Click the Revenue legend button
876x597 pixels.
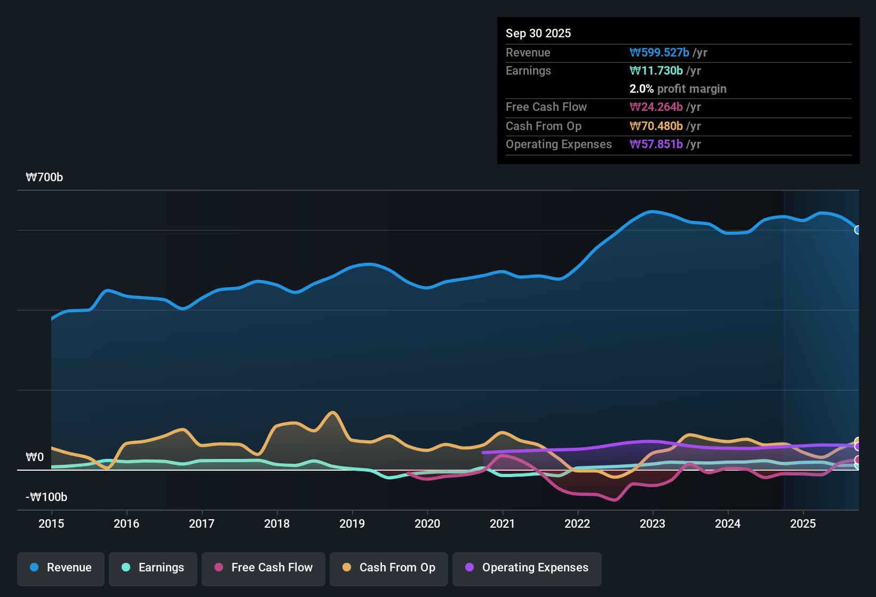pos(61,568)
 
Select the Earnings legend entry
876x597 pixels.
pos(153,568)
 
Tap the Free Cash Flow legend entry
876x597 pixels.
pos(264,568)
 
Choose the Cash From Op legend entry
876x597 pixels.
pos(389,568)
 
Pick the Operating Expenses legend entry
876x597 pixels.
pos(527,568)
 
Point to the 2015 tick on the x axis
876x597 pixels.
pos(51,523)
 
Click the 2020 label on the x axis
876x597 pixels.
pos(427,523)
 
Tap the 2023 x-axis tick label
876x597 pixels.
pos(652,523)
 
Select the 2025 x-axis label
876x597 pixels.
pos(803,523)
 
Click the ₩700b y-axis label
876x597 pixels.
pos(44,178)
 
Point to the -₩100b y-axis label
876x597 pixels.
pos(46,497)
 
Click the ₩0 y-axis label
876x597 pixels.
pos(35,457)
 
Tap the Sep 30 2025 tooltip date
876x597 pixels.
pos(538,34)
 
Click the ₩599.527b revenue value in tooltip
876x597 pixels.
pos(659,53)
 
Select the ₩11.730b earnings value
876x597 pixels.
pos(656,71)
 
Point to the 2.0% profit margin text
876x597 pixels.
pos(678,89)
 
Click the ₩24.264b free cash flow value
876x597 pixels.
pos(656,107)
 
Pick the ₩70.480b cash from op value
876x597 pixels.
pos(656,126)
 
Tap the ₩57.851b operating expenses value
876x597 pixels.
pos(656,144)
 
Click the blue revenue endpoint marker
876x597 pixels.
pos(857,230)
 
